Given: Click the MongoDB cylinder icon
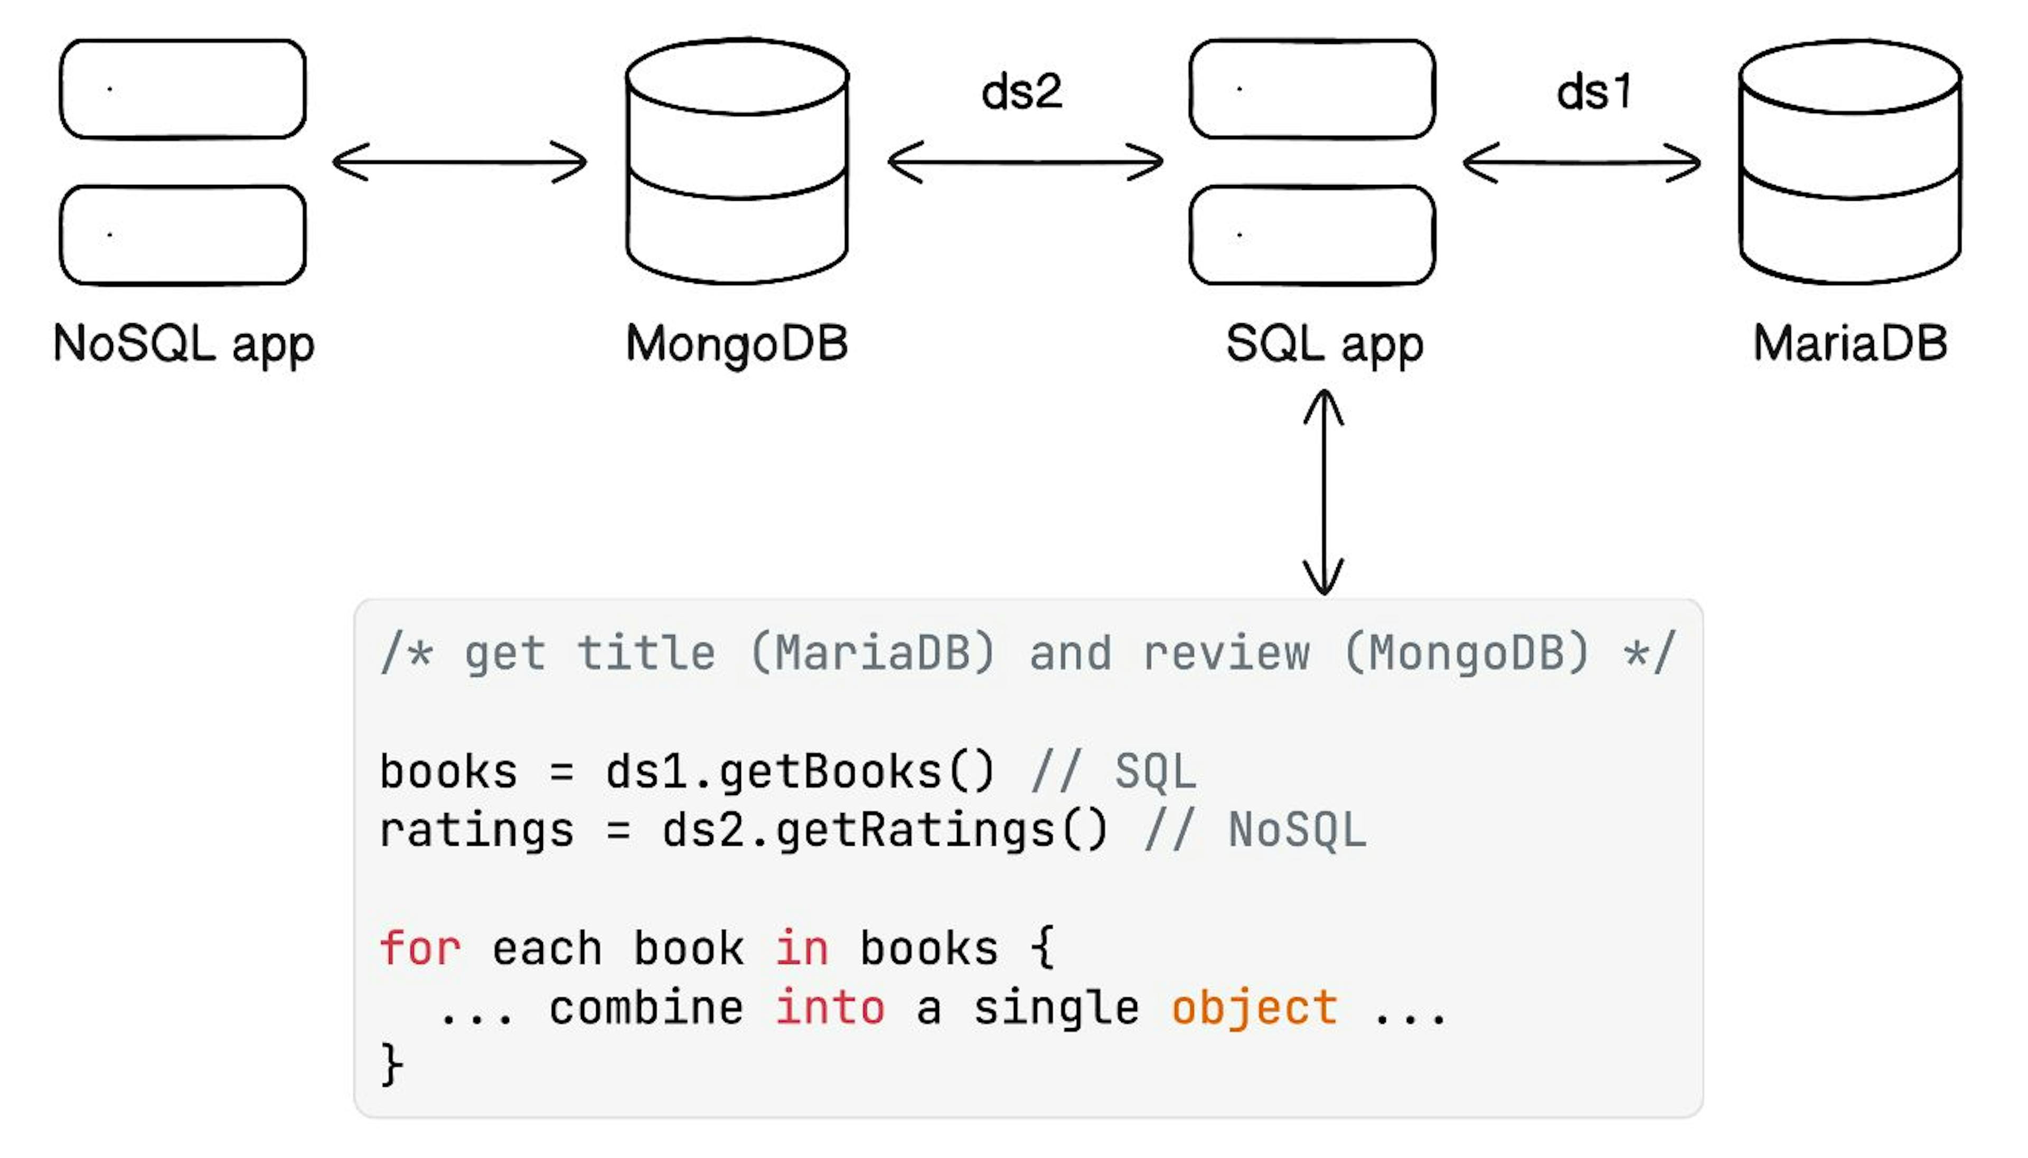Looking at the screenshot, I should click(737, 162).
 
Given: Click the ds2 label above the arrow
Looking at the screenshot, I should click(1021, 92).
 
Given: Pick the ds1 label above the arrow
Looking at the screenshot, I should click(1593, 92).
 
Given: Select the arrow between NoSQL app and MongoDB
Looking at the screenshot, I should click(459, 162).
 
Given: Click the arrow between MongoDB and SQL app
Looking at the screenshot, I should click(1026, 162).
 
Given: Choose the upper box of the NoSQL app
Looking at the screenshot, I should click(183, 89).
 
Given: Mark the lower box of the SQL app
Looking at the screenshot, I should click(1312, 236).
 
